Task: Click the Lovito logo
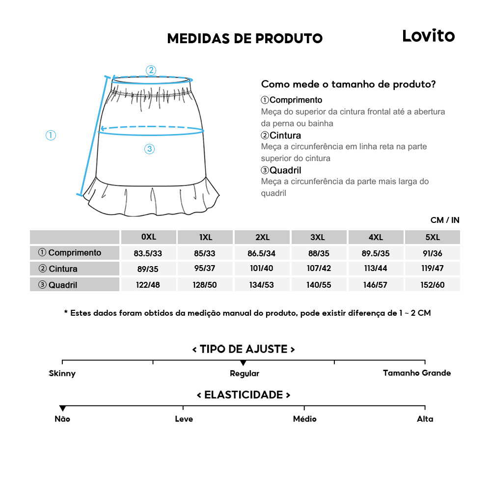click(x=428, y=36)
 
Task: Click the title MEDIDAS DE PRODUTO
click(x=245, y=38)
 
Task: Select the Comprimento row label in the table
click(x=75, y=253)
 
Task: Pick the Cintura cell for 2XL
click(x=262, y=269)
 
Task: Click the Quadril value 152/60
click(x=432, y=285)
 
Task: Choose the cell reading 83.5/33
click(x=148, y=253)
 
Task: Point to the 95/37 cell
click(x=206, y=269)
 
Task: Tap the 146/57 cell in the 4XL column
click(x=376, y=285)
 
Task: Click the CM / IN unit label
click(x=445, y=220)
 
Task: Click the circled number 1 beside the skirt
click(x=51, y=135)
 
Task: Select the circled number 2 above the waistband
click(x=151, y=70)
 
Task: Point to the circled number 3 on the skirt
click(x=150, y=149)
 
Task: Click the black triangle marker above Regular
click(x=244, y=363)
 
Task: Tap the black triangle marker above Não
click(x=62, y=409)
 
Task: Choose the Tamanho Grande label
click(x=416, y=373)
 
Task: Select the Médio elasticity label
click(x=304, y=419)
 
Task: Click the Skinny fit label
click(x=62, y=374)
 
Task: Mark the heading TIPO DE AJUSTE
click(x=244, y=349)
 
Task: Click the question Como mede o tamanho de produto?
click(x=348, y=84)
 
